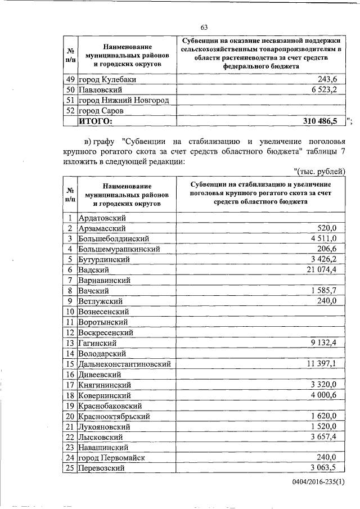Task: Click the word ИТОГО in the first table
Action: [x=95, y=121]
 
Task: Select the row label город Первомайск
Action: [x=111, y=458]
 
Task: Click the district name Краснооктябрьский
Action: [x=114, y=416]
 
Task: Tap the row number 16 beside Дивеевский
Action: [x=70, y=375]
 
